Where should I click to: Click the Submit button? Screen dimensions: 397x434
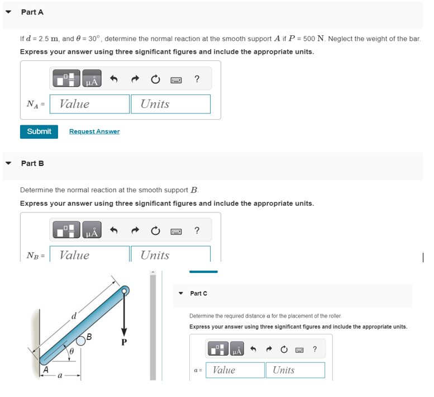coord(39,131)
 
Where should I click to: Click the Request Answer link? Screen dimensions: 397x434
coord(94,131)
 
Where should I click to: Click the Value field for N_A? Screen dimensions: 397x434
coord(89,104)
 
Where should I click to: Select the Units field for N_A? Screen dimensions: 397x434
coord(170,104)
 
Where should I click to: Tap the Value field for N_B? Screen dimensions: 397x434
coord(89,254)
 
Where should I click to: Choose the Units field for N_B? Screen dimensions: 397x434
coord(170,254)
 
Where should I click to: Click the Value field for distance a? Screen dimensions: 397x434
coord(235,370)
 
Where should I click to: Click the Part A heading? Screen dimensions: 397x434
coord(32,12)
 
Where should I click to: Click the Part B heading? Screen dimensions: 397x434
coord(32,163)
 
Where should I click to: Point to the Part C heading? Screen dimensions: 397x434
coord(198,294)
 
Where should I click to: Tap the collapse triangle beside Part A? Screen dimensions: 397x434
coord(8,12)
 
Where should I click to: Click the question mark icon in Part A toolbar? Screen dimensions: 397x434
coord(197,79)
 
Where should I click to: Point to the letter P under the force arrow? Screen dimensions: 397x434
coord(124,343)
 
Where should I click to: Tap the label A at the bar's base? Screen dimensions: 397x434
coord(46,369)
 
